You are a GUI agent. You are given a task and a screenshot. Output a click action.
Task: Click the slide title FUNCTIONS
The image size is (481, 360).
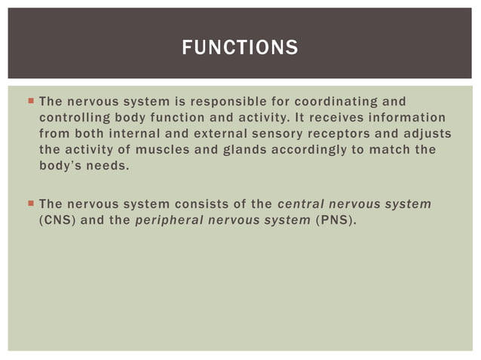[240, 49]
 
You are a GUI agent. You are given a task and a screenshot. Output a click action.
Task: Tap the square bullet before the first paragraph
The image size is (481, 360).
[29, 101]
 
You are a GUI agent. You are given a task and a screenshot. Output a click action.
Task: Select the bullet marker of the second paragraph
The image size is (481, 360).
[29, 203]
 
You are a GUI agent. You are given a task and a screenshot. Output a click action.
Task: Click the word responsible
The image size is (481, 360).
[227, 101]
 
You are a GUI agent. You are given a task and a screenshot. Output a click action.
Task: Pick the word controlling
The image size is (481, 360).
[75, 117]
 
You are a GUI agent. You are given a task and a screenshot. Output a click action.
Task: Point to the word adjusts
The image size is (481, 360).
[428, 133]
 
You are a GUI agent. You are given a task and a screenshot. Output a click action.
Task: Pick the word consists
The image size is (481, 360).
[203, 203]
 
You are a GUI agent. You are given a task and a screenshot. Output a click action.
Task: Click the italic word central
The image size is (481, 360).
[302, 203]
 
